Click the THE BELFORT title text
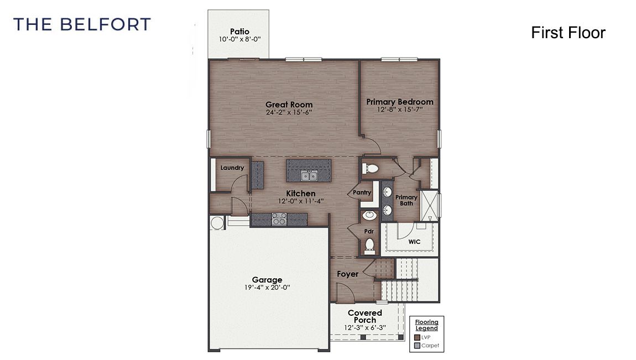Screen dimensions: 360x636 click(x=82, y=24)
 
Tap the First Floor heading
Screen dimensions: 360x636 click(x=568, y=33)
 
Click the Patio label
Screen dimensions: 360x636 click(x=239, y=32)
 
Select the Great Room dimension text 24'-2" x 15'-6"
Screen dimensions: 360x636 click(x=289, y=112)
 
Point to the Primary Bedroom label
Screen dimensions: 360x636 click(x=400, y=102)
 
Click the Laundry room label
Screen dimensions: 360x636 click(x=232, y=168)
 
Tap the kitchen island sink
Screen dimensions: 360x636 click(x=309, y=176)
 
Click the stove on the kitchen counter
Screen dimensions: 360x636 click(x=279, y=219)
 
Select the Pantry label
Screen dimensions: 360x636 click(x=362, y=192)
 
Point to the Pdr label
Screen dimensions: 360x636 click(x=369, y=231)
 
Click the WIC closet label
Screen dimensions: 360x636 click(x=414, y=242)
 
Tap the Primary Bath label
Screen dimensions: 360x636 click(x=406, y=200)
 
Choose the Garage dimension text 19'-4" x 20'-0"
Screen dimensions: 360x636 click(x=267, y=288)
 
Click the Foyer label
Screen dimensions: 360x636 click(x=347, y=274)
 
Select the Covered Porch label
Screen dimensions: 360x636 click(x=364, y=316)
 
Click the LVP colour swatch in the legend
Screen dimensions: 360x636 click(x=417, y=337)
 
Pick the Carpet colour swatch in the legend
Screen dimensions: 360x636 click(x=417, y=346)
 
